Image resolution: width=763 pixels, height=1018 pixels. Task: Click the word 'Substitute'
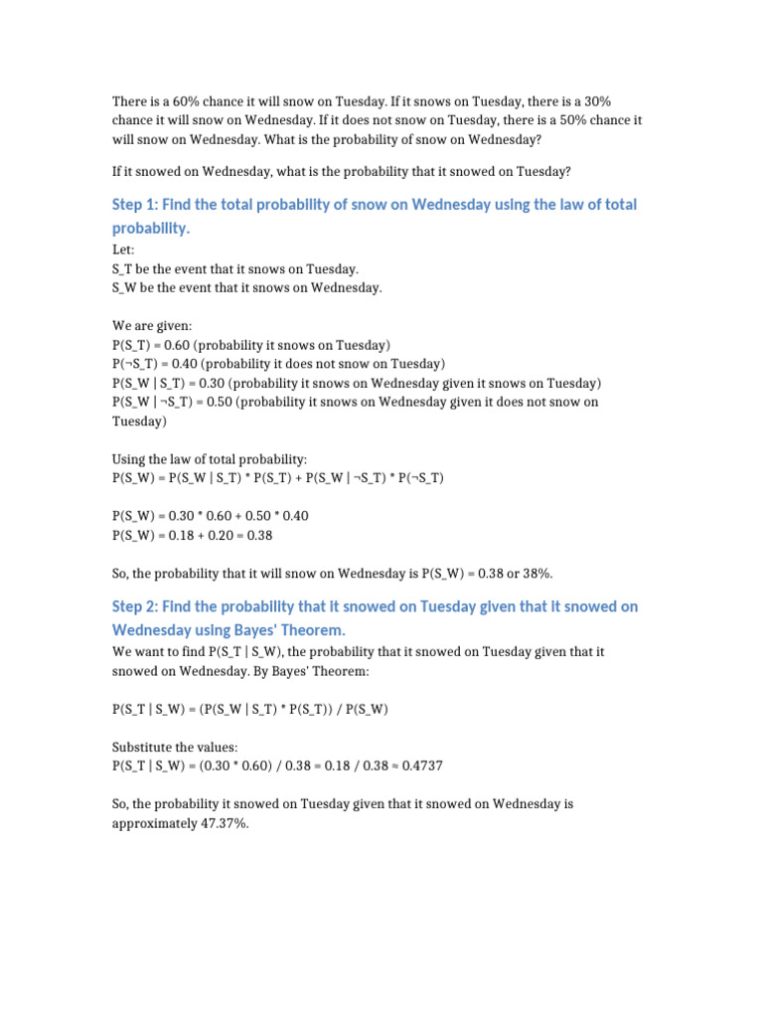tap(142, 747)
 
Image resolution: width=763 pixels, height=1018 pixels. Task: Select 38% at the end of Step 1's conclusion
tap(534, 574)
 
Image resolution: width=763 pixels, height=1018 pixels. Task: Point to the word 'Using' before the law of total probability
tap(129, 459)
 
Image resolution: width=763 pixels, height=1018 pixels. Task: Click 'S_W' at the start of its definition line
tap(126, 288)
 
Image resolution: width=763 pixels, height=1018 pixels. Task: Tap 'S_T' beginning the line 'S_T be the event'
tap(125, 269)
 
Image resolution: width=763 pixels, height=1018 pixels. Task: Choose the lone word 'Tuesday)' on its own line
tap(140, 422)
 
